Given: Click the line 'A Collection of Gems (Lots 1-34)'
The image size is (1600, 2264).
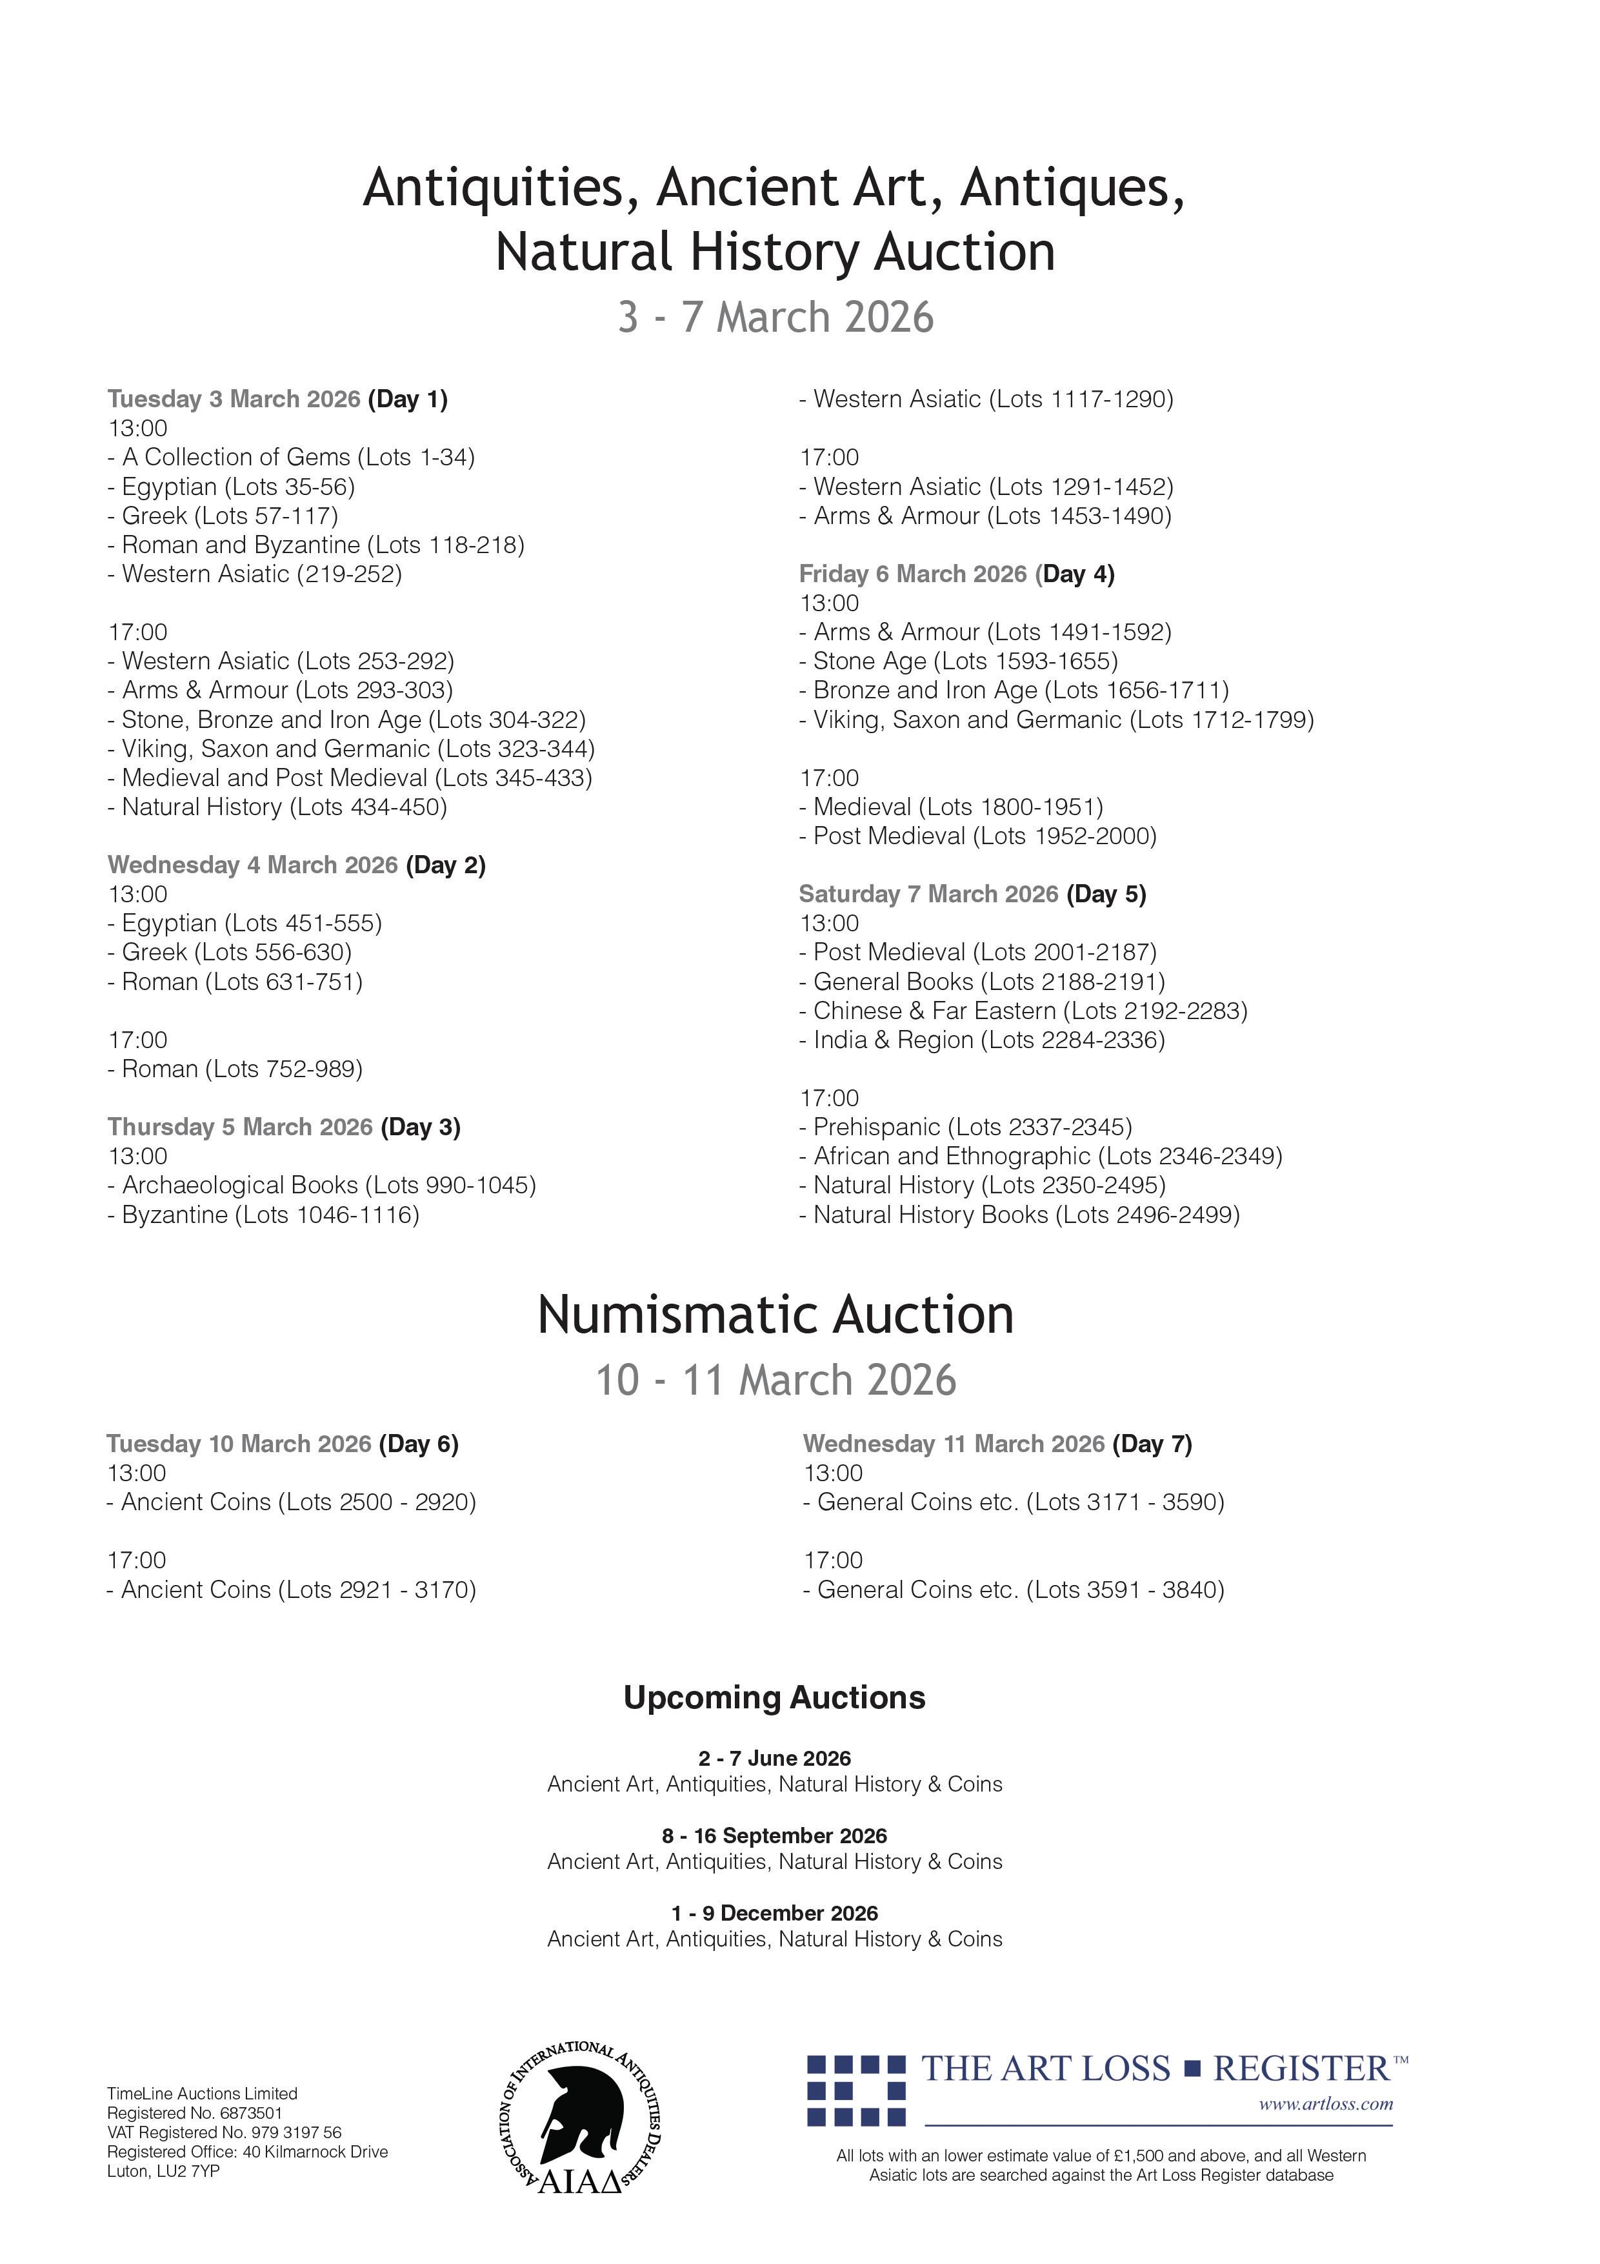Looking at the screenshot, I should point(291,458).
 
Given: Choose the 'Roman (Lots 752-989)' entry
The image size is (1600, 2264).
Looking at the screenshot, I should point(235,1070).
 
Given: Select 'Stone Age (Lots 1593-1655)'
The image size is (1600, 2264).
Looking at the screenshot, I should point(958,662).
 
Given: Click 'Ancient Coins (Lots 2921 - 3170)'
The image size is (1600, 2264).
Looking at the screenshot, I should point(291,1590).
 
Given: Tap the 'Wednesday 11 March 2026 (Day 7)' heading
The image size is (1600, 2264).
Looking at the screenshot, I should point(997,1444).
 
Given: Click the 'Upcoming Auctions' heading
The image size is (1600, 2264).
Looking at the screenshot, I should point(774,1698).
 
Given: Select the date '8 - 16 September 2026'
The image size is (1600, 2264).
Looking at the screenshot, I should point(774,1836).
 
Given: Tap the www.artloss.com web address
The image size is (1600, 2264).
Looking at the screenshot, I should point(1325,2104).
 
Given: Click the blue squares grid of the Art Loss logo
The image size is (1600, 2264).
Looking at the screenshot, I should point(855,2090).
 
